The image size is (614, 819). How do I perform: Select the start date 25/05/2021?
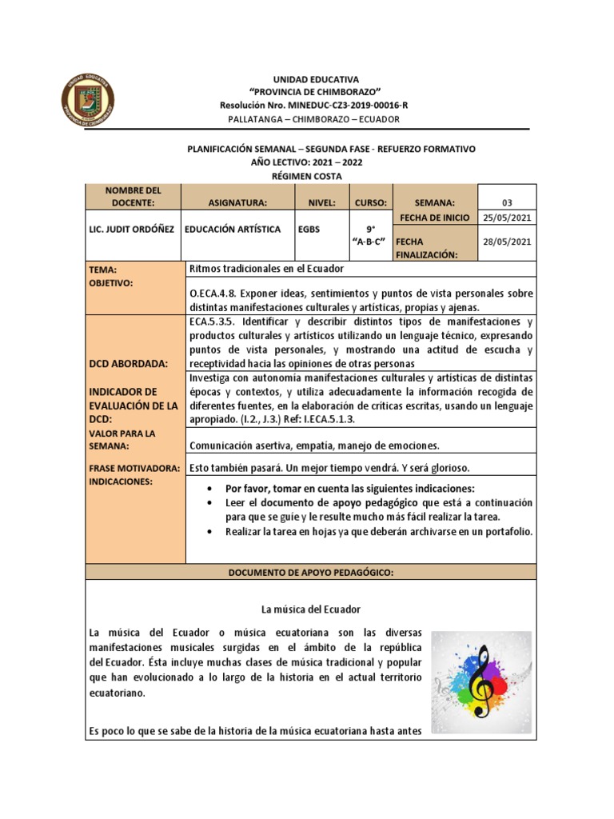[507, 218]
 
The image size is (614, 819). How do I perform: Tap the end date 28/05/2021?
[507, 241]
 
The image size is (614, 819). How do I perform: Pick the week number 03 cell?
[507, 202]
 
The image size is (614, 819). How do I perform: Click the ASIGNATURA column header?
[237, 203]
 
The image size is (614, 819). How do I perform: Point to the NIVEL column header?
[321, 203]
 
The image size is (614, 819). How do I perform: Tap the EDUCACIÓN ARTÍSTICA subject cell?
[233, 230]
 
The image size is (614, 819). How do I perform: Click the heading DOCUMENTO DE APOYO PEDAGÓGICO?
[311, 572]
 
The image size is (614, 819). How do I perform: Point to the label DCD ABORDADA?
[129, 363]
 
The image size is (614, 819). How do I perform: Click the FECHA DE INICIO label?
[434, 218]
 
